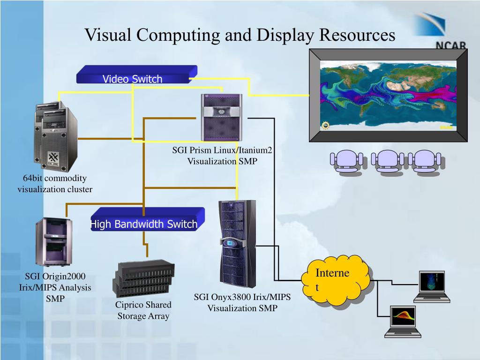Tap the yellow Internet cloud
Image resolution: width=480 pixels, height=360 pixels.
click(334, 280)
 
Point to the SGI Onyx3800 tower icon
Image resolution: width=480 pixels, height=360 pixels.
click(238, 244)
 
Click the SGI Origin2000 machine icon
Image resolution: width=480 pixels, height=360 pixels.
click(54, 242)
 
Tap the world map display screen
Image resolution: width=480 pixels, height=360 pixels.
click(388, 96)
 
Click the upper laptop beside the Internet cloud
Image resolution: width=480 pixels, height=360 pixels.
click(432, 285)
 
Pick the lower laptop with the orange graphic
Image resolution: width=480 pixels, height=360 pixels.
click(403, 321)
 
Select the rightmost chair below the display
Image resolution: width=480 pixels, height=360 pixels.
click(424, 162)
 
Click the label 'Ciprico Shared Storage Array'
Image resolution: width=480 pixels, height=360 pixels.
click(143, 310)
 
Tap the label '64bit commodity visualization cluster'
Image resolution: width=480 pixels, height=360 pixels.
click(55, 184)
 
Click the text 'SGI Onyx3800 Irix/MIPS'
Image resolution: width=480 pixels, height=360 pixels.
click(242, 297)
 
